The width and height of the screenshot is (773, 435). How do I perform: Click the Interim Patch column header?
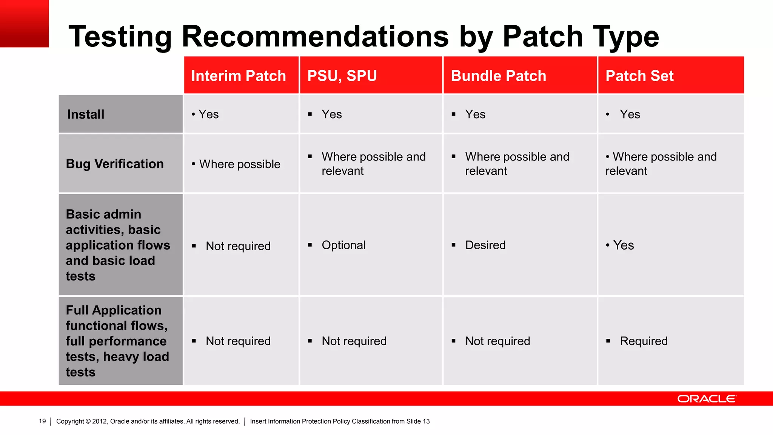click(x=239, y=76)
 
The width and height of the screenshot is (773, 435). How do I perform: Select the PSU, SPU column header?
click(x=342, y=76)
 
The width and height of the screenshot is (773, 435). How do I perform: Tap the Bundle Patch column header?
click(x=498, y=76)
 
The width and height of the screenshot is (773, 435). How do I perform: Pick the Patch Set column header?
click(x=639, y=76)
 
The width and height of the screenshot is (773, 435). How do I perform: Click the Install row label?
click(x=86, y=114)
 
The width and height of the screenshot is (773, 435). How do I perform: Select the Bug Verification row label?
click(x=115, y=164)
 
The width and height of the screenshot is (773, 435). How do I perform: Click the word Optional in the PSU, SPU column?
click(x=343, y=245)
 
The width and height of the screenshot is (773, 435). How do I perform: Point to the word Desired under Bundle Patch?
click(x=485, y=245)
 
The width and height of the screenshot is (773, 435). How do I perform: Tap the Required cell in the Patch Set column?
click(x=644, y=341)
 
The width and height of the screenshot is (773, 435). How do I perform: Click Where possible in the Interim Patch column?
click(x=240, y=164)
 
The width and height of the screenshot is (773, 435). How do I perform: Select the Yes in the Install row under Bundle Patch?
click(x=475, y=114)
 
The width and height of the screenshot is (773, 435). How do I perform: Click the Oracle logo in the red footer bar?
click(x=707, y=399)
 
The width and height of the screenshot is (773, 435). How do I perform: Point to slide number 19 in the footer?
click(x=42, y=421)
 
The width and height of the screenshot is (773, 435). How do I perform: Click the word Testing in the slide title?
click(x=120, y=37)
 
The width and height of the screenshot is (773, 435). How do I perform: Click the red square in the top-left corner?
click(x=24, y=23)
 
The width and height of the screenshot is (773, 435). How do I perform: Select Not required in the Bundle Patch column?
click(x=497, y=341)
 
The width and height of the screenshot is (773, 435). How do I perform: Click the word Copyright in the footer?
click(x=70, y=421)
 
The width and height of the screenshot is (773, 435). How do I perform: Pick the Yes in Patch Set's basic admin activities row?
click(x=623, y=245)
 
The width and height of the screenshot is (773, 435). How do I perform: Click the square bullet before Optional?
click(x=310, y=245)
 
